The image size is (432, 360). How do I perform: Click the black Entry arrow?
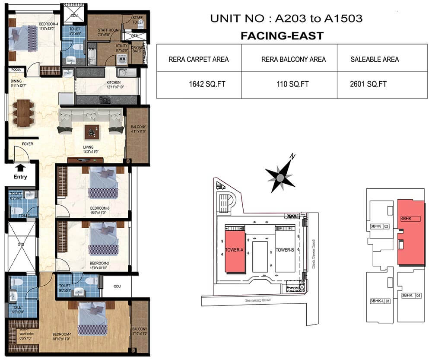(20, 167)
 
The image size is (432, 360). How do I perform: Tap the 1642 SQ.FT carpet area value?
(198, 84)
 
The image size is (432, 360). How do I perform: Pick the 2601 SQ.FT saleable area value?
(368, 84)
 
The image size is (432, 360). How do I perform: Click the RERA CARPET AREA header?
(198, 59)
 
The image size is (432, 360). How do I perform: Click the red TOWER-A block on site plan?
(235, 251)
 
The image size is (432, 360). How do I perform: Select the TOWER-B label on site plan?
(285, 250)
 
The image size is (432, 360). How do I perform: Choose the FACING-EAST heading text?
(282, 35)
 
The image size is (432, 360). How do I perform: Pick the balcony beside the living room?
(137, 134)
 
